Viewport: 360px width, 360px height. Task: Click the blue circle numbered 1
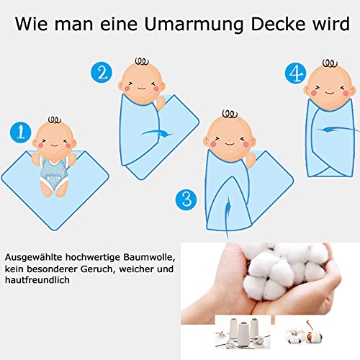click(21, 132)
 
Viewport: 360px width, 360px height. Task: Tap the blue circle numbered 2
click(102, 72)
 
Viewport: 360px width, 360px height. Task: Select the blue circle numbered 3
click(186, 199)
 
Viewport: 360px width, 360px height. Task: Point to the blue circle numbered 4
click(296, 73)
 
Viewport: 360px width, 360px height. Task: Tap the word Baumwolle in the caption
click(148, 257)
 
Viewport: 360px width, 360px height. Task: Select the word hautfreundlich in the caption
click(37, 280)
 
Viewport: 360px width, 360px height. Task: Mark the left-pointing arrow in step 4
click(338, 129)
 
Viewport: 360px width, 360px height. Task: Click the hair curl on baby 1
click(55, 120)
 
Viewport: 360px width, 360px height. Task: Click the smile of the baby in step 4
click(330, 93)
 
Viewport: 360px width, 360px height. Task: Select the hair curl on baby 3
click(230, 114)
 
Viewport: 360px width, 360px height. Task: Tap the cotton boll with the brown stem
click(314, 333)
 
